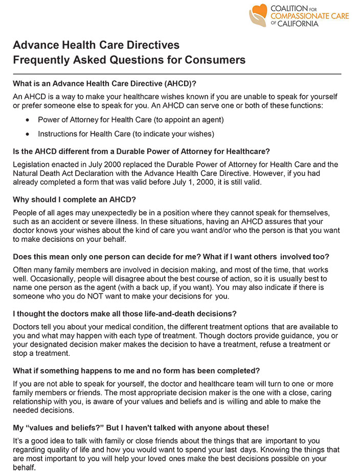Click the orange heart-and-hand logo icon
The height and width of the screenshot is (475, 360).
[258, 15]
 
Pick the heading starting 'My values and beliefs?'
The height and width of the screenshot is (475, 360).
[141, 427]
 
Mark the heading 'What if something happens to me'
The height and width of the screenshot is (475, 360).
[137, 370]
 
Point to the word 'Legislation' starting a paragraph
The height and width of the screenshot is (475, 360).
[32, 165]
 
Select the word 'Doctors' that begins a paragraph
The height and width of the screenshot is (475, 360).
[26, 327]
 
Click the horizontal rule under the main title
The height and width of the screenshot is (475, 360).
[177, 74]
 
